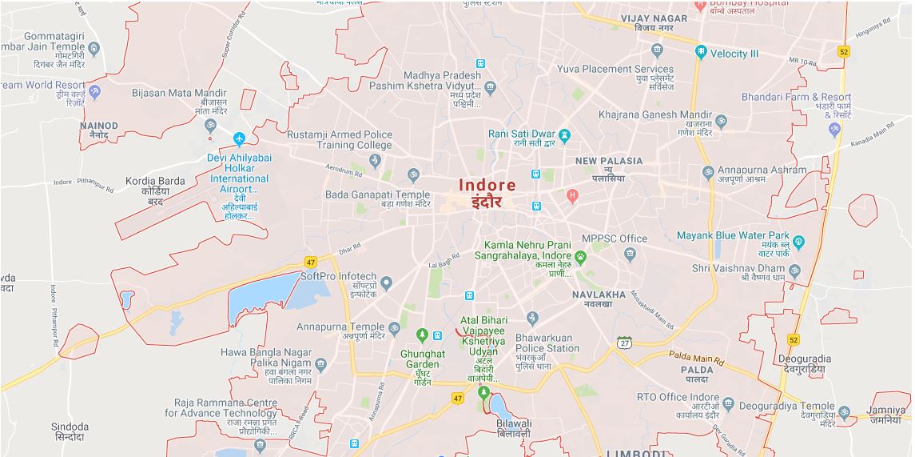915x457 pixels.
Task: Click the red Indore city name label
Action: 487,185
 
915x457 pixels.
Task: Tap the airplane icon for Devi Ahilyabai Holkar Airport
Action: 239,140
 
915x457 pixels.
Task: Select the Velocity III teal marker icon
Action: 701,53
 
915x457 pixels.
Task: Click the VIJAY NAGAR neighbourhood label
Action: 654,18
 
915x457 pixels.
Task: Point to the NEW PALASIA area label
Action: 609,161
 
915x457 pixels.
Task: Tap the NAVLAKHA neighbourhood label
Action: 599,295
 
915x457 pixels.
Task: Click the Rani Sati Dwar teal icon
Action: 565,134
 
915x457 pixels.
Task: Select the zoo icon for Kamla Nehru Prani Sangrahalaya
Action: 581,256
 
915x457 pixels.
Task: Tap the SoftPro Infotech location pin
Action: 386,282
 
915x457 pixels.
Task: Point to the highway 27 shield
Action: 625,343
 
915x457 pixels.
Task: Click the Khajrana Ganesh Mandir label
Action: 654,115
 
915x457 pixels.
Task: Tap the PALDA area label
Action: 697,370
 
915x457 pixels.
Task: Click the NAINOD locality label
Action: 99,126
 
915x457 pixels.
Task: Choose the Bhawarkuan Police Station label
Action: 547,343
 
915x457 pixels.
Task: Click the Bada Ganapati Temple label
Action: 377,194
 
